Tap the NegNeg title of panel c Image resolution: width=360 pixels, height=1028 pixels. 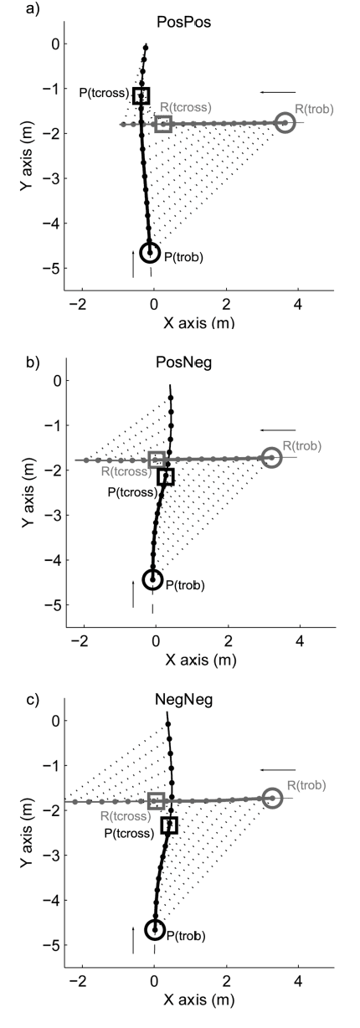180,698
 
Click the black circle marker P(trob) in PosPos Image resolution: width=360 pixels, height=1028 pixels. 151,252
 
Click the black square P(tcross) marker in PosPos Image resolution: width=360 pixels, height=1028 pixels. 141,95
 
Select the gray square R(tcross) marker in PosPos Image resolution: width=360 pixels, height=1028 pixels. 163,124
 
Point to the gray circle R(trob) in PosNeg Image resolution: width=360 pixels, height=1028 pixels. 271,457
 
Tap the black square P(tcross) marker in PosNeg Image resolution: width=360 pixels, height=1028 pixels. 166,477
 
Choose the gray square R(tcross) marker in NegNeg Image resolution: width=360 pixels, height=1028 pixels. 156,801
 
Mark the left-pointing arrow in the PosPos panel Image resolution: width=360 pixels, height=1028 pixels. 277,91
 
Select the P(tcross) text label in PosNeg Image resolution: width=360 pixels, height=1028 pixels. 132,491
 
